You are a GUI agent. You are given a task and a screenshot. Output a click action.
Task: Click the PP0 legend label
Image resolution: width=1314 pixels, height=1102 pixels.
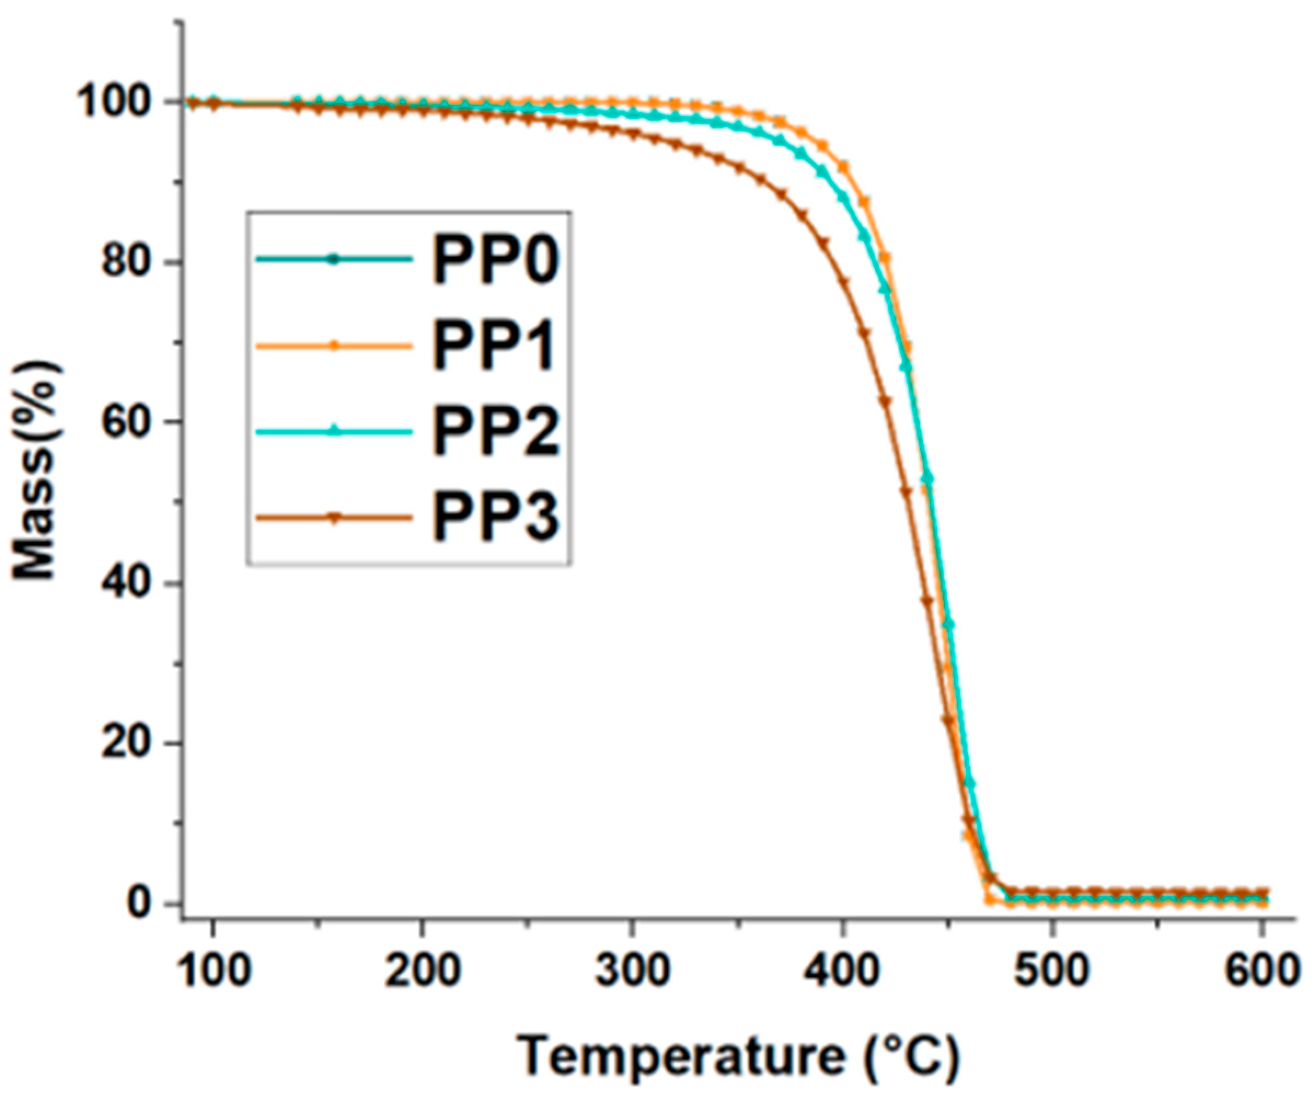pyautogui.click(x=494, y=260)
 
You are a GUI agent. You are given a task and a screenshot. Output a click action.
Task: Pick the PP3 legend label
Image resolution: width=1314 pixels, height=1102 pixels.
pyautogui.click(x=494, y=517)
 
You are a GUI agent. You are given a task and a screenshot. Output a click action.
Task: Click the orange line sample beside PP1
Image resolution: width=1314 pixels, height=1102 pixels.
pyautogui.click(x=334, y=346)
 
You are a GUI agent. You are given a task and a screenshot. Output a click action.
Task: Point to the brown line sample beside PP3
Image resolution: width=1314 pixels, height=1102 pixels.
pyautogui.click(x=334, y=518)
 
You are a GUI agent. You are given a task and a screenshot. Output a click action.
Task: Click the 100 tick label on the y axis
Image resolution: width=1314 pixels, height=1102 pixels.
pyautogui.click(x=119, y=102)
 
